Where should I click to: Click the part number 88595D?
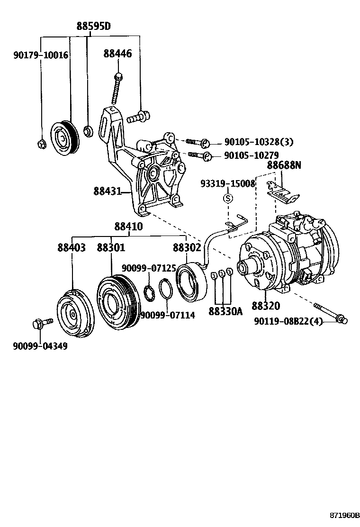94,27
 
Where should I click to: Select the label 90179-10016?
40,55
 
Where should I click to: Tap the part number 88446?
117,54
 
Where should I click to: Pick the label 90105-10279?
251,155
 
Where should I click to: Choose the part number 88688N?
283,165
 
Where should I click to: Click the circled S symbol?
227,198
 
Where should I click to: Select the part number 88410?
128,227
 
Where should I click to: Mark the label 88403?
72,248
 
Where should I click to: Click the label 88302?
187,248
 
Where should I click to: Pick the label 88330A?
225,311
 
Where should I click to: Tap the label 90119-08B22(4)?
288,322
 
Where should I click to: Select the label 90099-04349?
40,346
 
